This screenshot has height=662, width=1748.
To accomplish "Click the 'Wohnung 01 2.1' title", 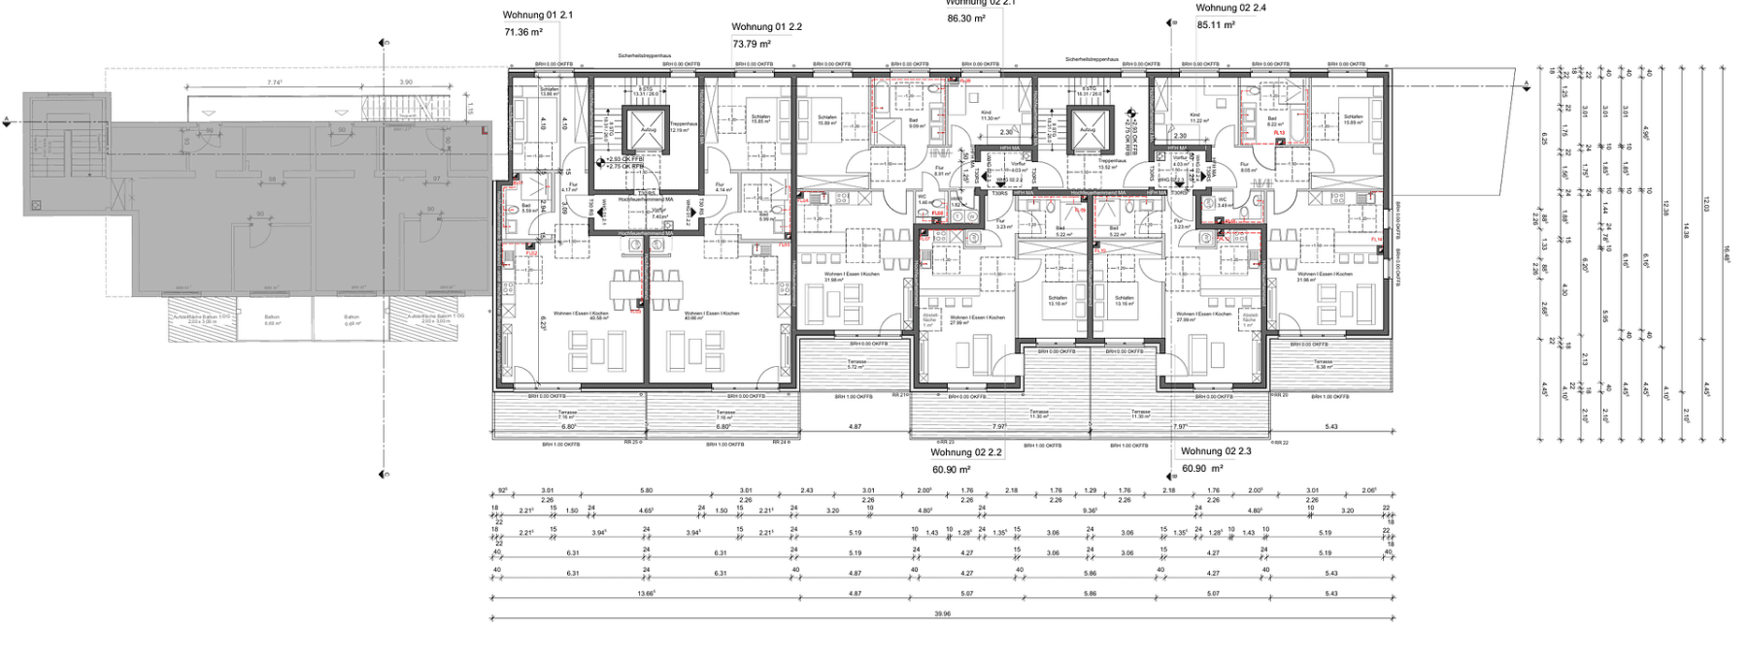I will pos(537,16).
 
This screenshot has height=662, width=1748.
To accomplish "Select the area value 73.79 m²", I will pos(752,44).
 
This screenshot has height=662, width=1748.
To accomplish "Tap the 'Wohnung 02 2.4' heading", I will pos(1230,8).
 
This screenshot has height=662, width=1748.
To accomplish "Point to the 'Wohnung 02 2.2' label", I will pos(965,452).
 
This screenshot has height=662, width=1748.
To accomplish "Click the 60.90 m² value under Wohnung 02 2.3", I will pos(1201,469).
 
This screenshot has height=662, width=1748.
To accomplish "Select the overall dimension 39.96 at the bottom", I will pos(941,613).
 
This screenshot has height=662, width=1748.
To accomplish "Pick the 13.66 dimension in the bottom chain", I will pos(646,593).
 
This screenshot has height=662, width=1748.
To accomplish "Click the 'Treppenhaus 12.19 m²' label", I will pos(684,126).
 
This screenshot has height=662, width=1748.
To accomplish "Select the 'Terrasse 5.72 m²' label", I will pos(856,364).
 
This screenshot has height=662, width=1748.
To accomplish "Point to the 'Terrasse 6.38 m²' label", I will pos(1323,364).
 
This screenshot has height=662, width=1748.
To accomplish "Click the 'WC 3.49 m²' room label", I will pos(1224,203).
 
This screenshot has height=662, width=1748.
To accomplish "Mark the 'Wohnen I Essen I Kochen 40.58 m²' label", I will pos(580,315).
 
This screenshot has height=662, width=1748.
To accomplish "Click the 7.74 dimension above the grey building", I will pos(275,83).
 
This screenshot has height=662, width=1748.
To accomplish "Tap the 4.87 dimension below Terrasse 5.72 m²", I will pos(855,427).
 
